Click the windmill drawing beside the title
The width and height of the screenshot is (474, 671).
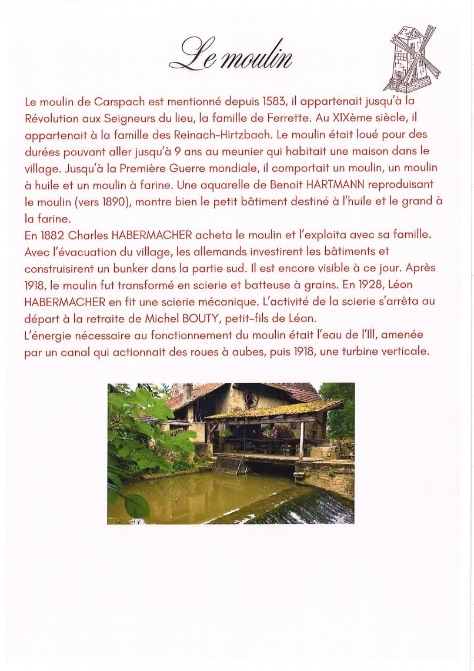412,58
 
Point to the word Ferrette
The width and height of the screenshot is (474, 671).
332,118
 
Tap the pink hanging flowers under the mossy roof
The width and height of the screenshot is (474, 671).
270,433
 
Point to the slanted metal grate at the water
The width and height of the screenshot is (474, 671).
228,463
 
